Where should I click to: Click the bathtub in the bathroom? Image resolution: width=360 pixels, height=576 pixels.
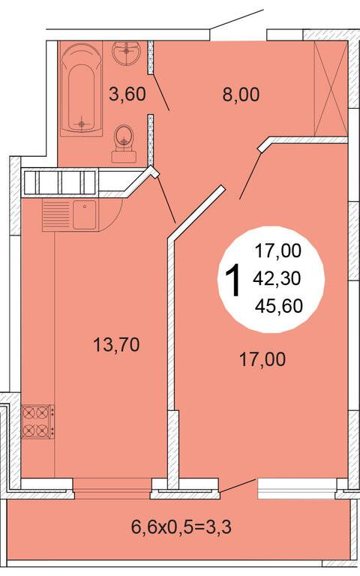click(82, 88)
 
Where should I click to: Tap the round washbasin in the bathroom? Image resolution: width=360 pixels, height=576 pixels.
click(127, 54)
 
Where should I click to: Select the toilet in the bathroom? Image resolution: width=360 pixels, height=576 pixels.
click(124, 143)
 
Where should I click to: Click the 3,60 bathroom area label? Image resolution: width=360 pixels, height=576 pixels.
click(127, 94)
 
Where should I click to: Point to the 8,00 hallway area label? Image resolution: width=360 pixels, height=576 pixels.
click(241, 94)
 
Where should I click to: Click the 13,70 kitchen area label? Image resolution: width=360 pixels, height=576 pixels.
click(116, 344)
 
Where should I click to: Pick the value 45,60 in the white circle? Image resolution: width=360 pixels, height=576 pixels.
click(279, 306)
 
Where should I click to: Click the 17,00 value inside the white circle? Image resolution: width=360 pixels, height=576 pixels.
click(278, 251)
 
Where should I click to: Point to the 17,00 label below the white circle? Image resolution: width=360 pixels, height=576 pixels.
click(262, 359)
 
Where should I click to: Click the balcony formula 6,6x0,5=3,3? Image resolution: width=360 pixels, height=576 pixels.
click(181, 527)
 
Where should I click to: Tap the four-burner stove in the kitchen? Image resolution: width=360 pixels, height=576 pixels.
click(37, 421)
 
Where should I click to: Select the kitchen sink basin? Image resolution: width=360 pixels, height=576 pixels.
click(84, 214)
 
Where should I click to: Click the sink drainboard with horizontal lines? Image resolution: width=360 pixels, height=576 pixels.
click(56, 215)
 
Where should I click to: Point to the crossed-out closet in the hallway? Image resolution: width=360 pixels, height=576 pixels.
click(330, 88)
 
